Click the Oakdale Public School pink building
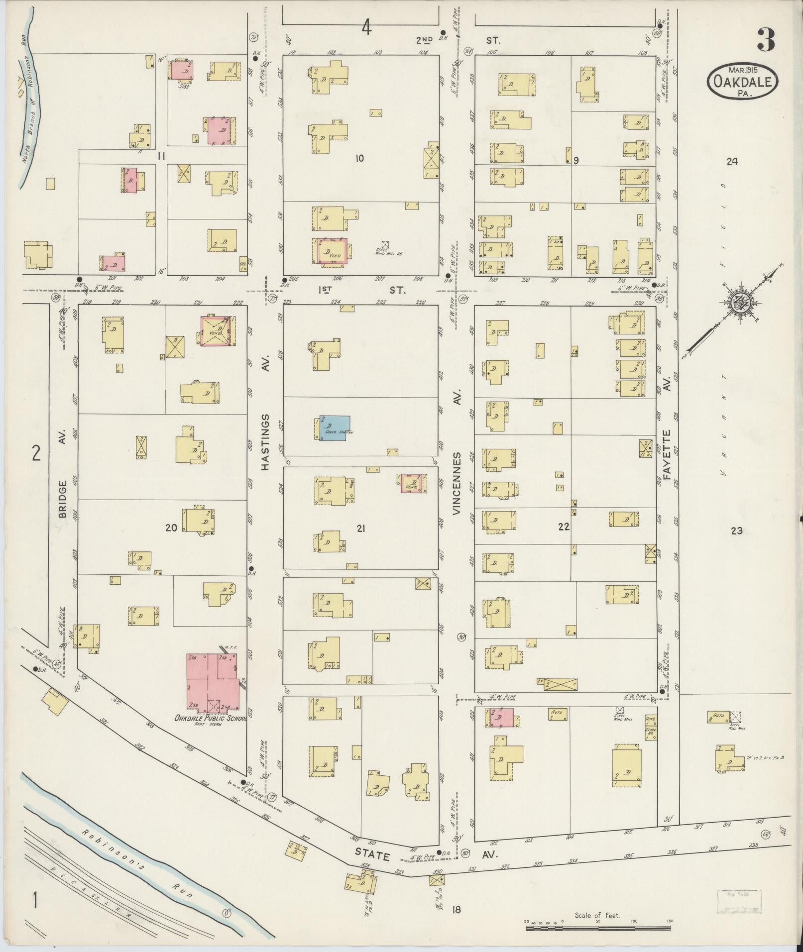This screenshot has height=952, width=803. [x=211, y=682]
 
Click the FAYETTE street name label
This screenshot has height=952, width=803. [x=668, y=452]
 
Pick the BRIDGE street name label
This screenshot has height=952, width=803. [x=63, y=499]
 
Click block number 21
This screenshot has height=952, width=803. [x=360, y=529]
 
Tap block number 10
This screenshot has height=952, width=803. [x=359, y=158]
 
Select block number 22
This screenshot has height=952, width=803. [x=563, y=527]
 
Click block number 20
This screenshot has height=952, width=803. [x=171, y=529]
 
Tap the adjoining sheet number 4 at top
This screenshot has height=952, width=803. [x=366, y=29]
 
